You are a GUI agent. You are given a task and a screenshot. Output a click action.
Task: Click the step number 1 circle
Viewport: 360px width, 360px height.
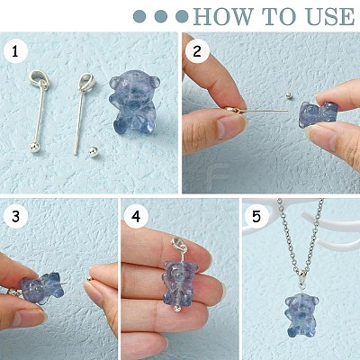tap(15, 52)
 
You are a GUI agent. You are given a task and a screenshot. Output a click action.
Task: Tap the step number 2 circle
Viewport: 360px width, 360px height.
tap(197, 51)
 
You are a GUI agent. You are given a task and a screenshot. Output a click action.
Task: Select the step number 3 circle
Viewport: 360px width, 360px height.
tap(15, 216)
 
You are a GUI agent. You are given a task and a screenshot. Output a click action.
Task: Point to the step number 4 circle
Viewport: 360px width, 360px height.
tap(136, 216)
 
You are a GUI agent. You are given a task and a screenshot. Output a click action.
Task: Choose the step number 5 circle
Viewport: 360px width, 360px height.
tap(256, 216)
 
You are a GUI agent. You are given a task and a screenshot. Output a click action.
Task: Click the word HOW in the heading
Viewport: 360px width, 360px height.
tap(223, 16)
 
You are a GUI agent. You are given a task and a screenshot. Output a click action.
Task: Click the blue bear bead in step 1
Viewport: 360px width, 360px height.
tap(134, 102)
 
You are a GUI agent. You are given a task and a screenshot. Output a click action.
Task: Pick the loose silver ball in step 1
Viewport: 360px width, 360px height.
tap(93, 151)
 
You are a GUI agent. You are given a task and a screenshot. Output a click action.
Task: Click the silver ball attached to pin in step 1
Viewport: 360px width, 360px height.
tap(35, 148)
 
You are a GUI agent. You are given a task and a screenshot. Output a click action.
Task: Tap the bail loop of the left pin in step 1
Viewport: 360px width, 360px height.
tap(39, 79)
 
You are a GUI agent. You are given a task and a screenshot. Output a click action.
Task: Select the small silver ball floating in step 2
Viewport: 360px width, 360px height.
tap(289, 95)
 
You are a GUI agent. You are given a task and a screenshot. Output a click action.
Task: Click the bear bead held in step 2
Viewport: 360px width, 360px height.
tap(319, 115)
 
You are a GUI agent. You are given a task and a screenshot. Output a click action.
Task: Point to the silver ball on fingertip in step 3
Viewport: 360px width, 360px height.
tap(89, 279)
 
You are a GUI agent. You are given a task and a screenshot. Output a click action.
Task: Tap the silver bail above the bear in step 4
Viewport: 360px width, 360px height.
tap(177, 245)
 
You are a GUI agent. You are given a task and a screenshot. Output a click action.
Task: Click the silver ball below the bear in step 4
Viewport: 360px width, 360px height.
tap(177, 308)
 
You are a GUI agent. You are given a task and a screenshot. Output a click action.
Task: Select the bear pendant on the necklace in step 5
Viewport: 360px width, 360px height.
tap(301, 316)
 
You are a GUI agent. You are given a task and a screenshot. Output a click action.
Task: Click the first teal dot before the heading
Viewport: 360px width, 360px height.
tap(139, 16)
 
